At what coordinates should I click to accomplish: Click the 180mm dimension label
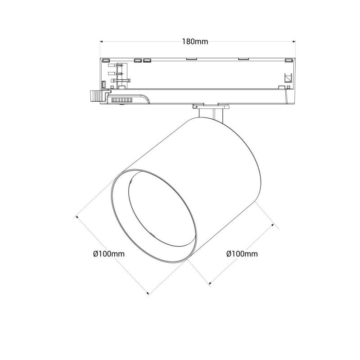pos(195,41)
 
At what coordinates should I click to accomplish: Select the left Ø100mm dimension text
pos(109,254)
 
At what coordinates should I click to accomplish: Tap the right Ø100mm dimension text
pos(242,254)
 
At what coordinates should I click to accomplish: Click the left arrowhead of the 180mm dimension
pos(102,41)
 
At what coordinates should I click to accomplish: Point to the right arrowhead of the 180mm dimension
pos(294,41)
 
